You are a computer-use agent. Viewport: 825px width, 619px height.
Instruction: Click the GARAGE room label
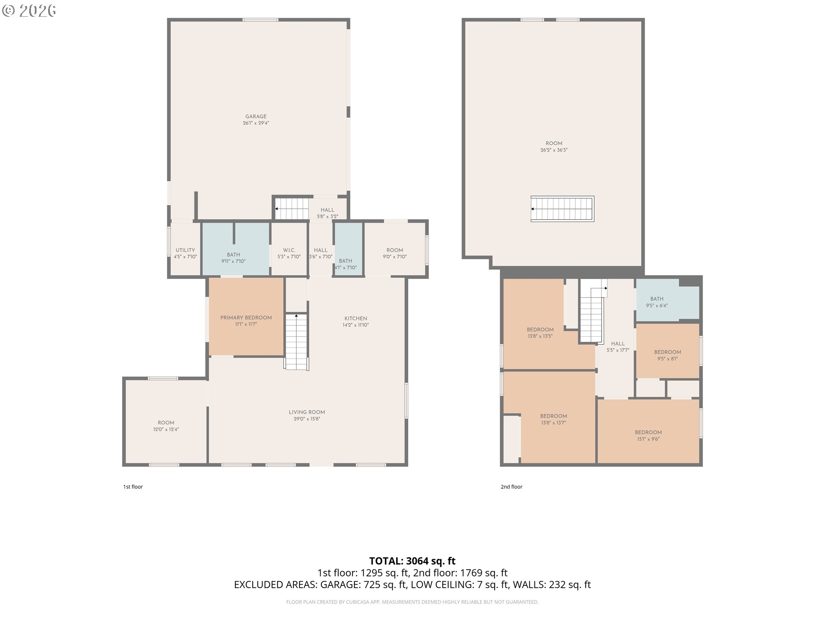(x=256, y=116)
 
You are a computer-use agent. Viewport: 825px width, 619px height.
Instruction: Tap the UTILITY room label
(x=185, y=250)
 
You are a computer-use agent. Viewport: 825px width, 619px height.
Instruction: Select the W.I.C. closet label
(x=289, y=250)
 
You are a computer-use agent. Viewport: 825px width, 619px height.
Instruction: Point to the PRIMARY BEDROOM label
(x=246, y=318)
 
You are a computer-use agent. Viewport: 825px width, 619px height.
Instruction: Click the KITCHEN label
(x=356, y=319)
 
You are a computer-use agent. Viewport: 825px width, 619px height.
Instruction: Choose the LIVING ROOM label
(x=307, y=412)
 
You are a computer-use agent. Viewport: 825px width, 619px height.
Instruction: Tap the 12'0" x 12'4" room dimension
(x=166, y=429)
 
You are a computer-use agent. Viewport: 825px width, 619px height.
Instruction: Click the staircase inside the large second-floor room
(x=562, y=209)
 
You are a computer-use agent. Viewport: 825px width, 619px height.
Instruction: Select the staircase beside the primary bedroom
(x=296, y=342)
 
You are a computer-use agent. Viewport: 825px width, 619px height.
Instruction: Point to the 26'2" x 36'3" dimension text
(x=554, y=150)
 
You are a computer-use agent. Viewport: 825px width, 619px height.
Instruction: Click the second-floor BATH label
(x=657, y=299)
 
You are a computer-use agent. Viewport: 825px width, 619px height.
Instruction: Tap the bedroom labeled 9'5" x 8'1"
(x=668, y=355)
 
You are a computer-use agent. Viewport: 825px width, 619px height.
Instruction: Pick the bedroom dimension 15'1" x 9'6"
(x=648, y=439)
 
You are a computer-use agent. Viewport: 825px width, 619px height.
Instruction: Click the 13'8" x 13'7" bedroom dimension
(x=553, y=423)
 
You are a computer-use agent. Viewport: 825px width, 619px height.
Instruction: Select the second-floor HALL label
(x=618, y=343)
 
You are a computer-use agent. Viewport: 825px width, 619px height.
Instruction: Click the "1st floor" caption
(x=133, y=487)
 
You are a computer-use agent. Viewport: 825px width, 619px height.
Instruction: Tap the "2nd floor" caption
(x=511, y=487)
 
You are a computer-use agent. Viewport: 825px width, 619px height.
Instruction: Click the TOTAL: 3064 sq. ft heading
(x=412, y=561)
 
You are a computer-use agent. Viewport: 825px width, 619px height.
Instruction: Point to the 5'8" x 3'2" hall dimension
(x=327, y=217)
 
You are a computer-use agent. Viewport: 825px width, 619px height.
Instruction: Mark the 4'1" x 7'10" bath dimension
(x=346, y=267)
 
